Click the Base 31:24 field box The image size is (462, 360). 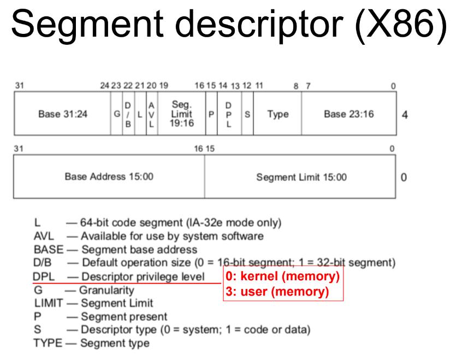pos(62,114)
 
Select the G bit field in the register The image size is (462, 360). pos(116,114)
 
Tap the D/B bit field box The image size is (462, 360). pos(128,114)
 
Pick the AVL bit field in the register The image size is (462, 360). pos(152,114)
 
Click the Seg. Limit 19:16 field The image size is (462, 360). pos(181,114)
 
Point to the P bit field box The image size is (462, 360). pos(211,114)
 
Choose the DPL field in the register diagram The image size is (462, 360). pos(229,114)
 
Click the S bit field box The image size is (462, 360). pos(247,114)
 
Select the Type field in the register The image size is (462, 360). pos(277,114)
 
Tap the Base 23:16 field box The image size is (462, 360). pos(348,114)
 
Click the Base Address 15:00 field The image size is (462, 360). pos(109,176)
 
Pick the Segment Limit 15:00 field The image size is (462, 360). pos(301,176)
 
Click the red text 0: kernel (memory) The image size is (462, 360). pos(283,276)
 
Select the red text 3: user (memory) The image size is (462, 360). pos(277,292)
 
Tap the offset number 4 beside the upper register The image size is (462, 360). pos(404,115)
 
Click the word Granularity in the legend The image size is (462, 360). pos(106,290)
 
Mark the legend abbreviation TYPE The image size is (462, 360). pos(47,343)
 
